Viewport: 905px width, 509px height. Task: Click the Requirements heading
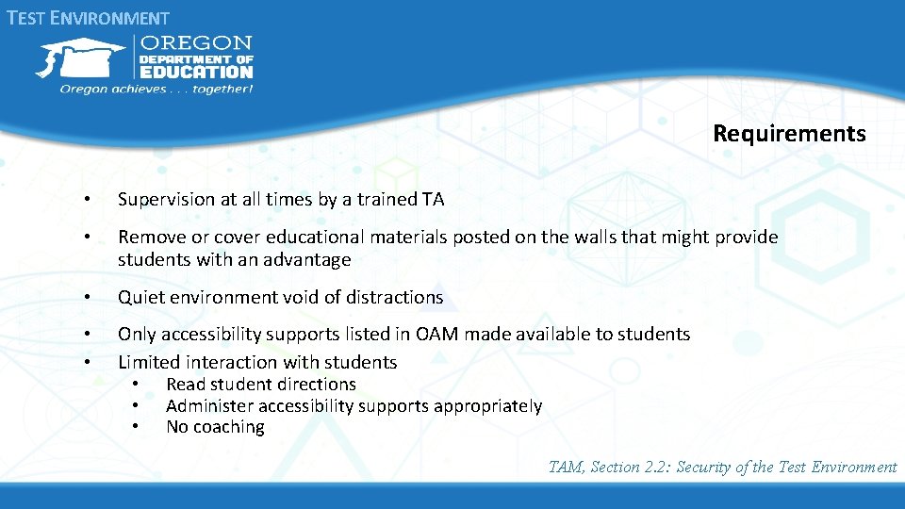point(789,134)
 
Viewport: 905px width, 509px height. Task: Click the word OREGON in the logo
point(196,43)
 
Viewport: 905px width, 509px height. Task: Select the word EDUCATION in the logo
point(196,72)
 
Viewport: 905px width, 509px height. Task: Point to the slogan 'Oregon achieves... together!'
point(156,89)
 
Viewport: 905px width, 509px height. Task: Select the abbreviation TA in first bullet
point(433,200)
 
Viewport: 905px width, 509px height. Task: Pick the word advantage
point(304,259)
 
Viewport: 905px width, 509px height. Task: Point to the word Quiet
point(140,297)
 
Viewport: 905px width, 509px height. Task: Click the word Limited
point(149,362)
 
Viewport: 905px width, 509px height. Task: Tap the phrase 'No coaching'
point(215,427)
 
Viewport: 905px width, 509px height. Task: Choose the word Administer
point(209,406)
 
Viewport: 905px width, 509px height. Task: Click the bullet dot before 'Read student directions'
point(137,385)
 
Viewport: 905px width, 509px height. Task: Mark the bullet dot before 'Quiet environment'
point(86,297)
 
